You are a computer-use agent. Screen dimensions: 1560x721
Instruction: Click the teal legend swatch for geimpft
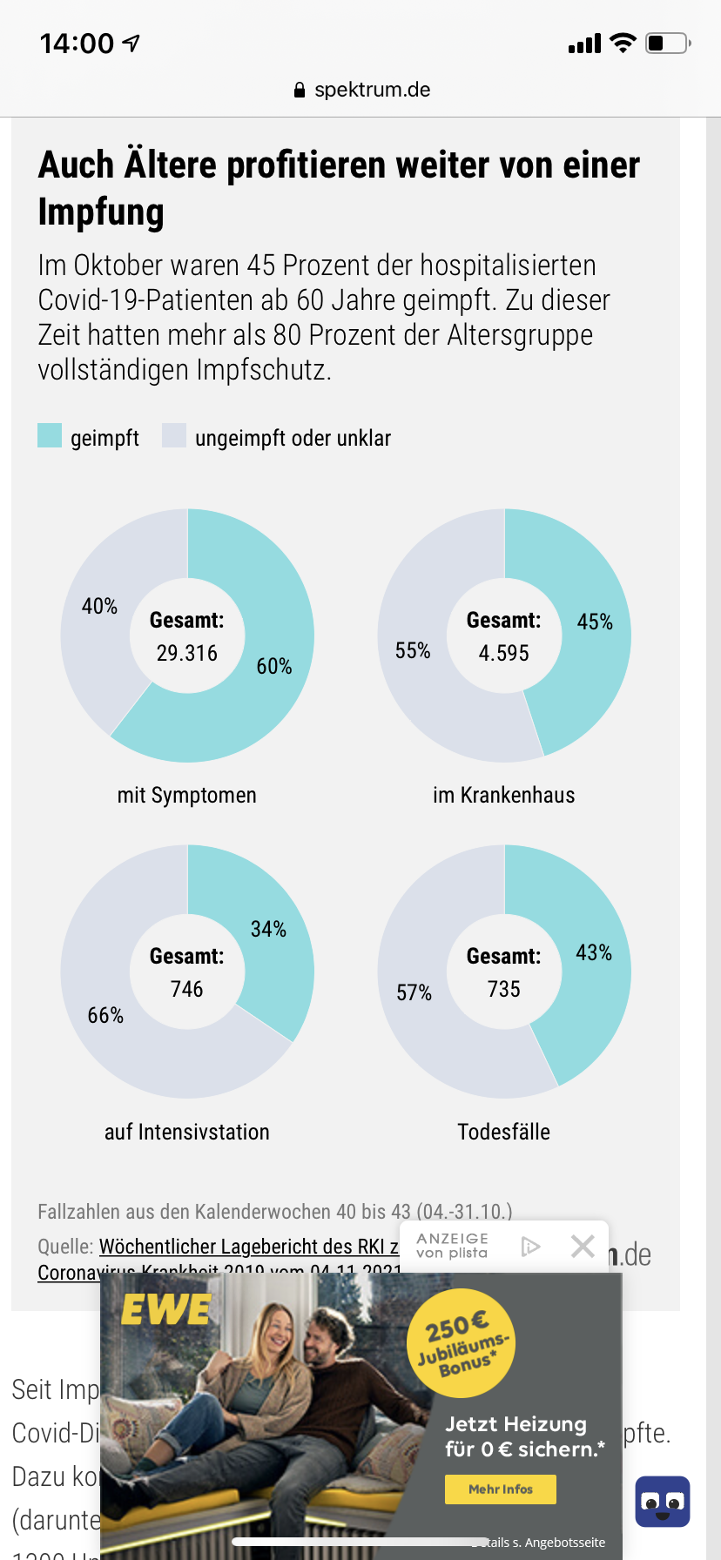50,435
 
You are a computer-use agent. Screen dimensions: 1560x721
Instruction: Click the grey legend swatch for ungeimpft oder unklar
174,435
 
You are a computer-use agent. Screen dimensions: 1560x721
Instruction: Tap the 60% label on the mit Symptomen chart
273,667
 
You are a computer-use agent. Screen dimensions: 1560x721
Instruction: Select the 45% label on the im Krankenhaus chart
595,622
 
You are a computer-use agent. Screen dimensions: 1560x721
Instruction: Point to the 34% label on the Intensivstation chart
268,930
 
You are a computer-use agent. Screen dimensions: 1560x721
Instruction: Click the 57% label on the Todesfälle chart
414,993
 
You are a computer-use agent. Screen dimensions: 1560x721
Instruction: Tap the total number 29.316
187,654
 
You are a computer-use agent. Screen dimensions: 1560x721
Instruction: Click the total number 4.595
504,654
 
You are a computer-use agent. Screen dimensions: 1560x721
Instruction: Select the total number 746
187,990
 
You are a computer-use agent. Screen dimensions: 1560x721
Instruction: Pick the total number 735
504,990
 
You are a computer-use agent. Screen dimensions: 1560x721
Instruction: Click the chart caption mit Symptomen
187,796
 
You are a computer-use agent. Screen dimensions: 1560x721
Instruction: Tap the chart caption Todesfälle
504,1133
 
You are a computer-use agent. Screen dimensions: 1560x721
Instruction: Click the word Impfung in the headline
101,212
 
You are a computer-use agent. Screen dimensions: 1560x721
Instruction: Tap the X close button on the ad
583,1247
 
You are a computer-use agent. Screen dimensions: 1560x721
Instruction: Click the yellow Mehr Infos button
501,1489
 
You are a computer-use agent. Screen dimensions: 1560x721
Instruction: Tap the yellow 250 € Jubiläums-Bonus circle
462,1342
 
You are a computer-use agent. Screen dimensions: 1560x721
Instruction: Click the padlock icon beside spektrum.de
300,90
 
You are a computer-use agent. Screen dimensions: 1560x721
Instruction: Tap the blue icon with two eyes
663,1502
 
